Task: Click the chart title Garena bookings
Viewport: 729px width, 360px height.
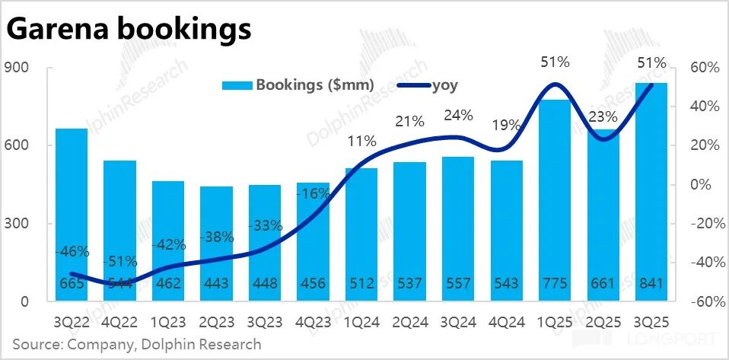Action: [129, 30]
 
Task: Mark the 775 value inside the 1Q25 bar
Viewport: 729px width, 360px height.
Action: [554, 284]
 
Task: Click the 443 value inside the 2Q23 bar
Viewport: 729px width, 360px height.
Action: [217, 284]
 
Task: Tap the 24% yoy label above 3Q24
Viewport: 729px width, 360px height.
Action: [459, 116]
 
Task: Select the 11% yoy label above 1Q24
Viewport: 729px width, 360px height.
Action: [361, 141]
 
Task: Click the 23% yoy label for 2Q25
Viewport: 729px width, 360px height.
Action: [602, 117]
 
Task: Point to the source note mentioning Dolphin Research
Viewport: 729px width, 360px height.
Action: [136, 344]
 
